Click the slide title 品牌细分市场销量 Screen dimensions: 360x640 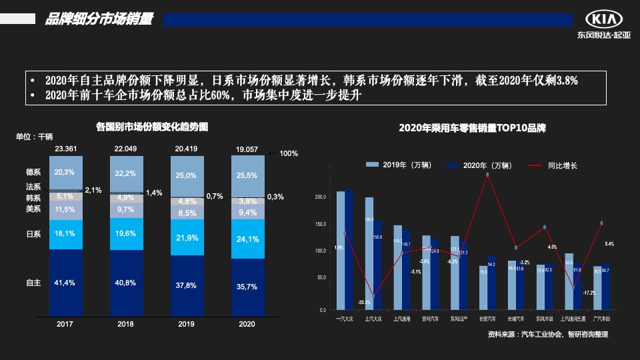pyautogui.click(x=99, y=20)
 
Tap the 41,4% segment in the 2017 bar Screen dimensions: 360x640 pyautogui.click(x=65, y=283)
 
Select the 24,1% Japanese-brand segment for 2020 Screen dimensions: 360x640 pyautogui.click(x=247, y=239)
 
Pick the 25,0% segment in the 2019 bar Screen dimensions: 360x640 pyautogui.click(x=187, y=175)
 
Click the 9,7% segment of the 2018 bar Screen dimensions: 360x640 pyautogui.click(x=126, y=209)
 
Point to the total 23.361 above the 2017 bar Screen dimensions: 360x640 pyautogui.click(x=65, y=149)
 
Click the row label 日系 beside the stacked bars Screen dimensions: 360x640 pyautogui.click(x=33, y=234)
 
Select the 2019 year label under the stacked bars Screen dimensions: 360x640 pyautogui.click(x=187, y=324)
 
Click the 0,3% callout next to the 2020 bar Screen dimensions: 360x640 pyautogui.click(x=275, y=197)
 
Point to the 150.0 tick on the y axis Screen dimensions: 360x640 pyautogui.click(x=320, y=224)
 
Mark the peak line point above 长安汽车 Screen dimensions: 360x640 pyautogui.click(x=487, y=175)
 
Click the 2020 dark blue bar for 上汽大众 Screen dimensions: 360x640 pyautogui.click(x=377, y=265)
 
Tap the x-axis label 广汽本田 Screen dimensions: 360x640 pyautogui.click(x=601, y=319)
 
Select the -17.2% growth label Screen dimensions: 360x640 pyautogui.click(x=589, y=293)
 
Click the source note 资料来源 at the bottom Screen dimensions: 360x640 pyautogui.click(x=547, y=335)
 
